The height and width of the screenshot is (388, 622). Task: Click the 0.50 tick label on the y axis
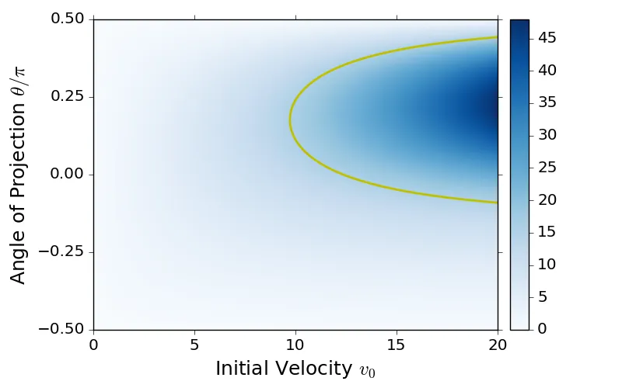pos(68,19)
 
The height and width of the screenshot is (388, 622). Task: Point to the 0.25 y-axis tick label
pos(68,97)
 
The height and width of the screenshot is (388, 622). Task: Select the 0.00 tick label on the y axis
pos(68,175)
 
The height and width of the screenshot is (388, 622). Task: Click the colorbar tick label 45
pos(547,38)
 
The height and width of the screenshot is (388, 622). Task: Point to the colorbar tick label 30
pos(547,135)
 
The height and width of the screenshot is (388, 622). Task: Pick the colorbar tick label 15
pos(547,232)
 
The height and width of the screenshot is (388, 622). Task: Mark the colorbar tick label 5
pos(543,296)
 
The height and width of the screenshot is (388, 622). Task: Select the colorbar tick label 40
pos(547,71)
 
